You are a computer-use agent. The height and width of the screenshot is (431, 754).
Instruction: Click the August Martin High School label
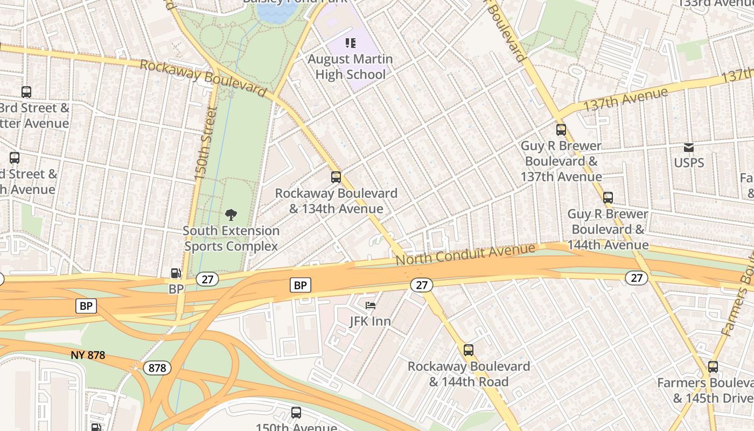coord(350,66)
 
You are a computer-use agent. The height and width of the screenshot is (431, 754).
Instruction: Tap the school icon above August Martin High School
coord(351,43)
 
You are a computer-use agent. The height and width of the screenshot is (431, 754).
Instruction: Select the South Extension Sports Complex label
coord(231,238)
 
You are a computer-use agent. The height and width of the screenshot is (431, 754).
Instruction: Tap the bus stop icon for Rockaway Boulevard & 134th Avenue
coord(336,177)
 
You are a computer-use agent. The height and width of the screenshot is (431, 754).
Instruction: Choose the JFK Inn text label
coord(370,321)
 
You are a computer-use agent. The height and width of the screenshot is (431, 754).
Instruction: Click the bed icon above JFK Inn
coord(371,305)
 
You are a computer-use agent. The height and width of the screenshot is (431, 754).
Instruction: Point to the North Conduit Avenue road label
coord(465,254)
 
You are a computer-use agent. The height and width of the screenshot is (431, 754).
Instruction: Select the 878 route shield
coord(157,368)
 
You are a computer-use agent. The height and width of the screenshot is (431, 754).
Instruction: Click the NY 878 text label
coord(88,356)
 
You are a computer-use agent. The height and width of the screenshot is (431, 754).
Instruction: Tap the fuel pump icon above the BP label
coord(176,274)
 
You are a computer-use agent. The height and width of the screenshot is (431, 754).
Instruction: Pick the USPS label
coord(689,163)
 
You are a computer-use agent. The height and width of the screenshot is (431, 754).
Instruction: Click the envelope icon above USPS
coord(689,147)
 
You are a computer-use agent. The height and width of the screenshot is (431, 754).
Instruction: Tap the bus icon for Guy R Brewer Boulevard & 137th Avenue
coord(561,130)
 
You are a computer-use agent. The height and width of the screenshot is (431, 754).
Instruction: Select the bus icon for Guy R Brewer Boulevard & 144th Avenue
coord(608,198)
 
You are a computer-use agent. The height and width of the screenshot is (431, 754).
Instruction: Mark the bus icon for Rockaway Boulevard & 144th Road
coord(469,350)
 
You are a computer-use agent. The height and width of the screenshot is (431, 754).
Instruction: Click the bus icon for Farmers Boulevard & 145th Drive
coord(713,367)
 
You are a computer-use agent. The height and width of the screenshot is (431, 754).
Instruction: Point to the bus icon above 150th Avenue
coord(296,413)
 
